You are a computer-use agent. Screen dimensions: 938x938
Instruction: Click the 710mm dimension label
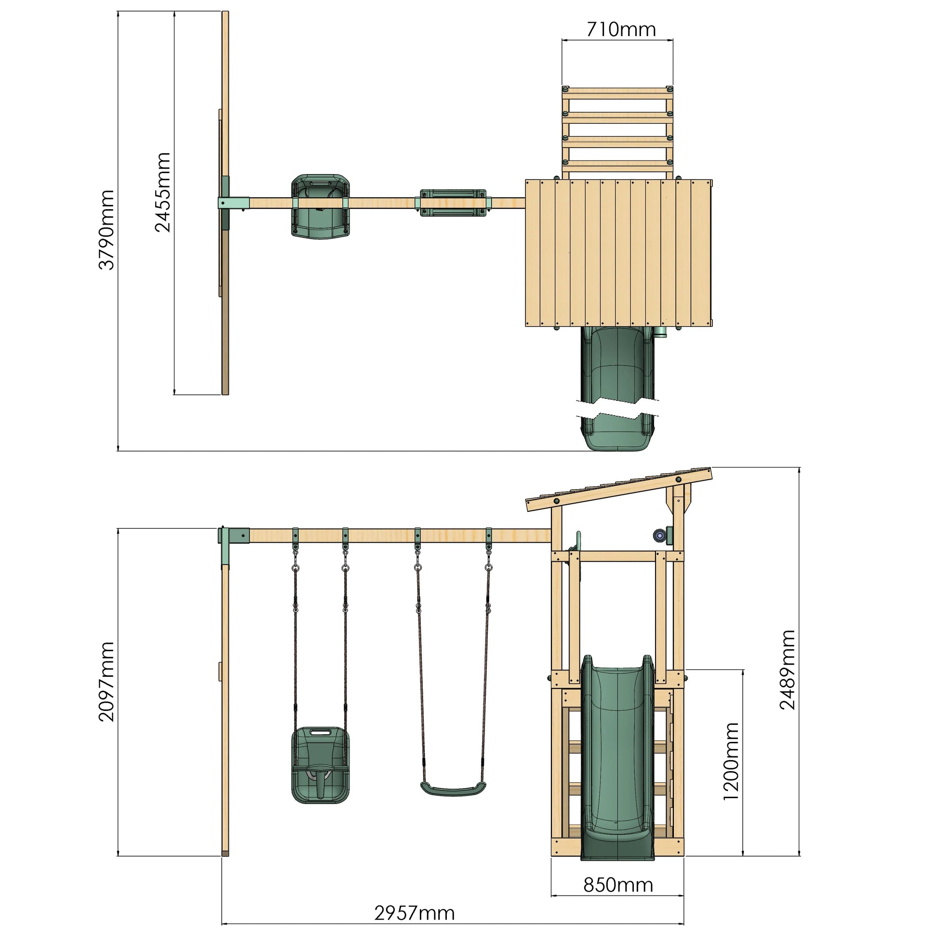(x=620, y=29)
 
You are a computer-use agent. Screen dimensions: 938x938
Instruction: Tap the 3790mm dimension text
(x=107, y=229)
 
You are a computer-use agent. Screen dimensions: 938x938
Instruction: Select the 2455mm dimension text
(x=162, y=192)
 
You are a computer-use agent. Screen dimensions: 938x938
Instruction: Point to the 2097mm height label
(x=107, y=682)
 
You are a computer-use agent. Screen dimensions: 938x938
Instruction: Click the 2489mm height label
(x=787, y=670)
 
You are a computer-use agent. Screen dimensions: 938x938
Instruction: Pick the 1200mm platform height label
(x=731, y=761)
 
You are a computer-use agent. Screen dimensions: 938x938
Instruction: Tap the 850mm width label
(x=618, y=885)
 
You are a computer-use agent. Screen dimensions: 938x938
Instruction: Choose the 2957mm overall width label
(x=415, y=913)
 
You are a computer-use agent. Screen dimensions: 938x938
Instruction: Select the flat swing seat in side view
(x=453, y=789)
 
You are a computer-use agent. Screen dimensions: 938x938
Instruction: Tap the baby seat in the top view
(x=321, y=206)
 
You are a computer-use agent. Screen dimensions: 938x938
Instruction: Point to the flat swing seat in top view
(x=453, y=203)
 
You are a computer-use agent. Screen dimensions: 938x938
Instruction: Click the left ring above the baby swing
(x=295, y=567)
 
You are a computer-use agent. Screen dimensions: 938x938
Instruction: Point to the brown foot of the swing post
(x=225, y=853)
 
